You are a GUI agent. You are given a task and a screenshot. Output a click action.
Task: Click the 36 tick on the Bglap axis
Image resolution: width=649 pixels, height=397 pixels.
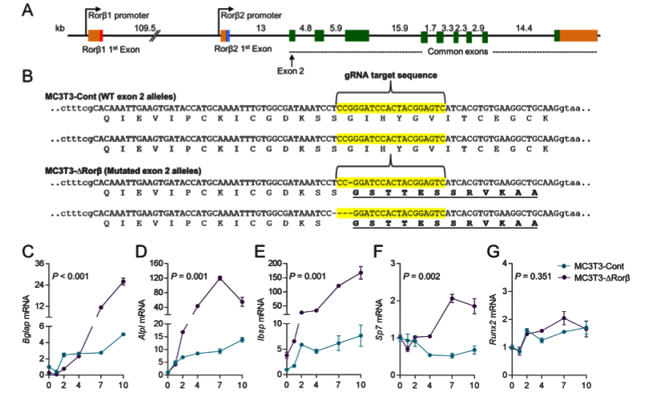tap(38, 263)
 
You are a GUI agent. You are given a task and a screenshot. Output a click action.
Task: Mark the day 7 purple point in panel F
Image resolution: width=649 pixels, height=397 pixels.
tap(451, 298)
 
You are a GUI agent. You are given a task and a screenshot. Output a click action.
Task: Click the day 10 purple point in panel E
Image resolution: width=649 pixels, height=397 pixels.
tap(361, 273)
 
